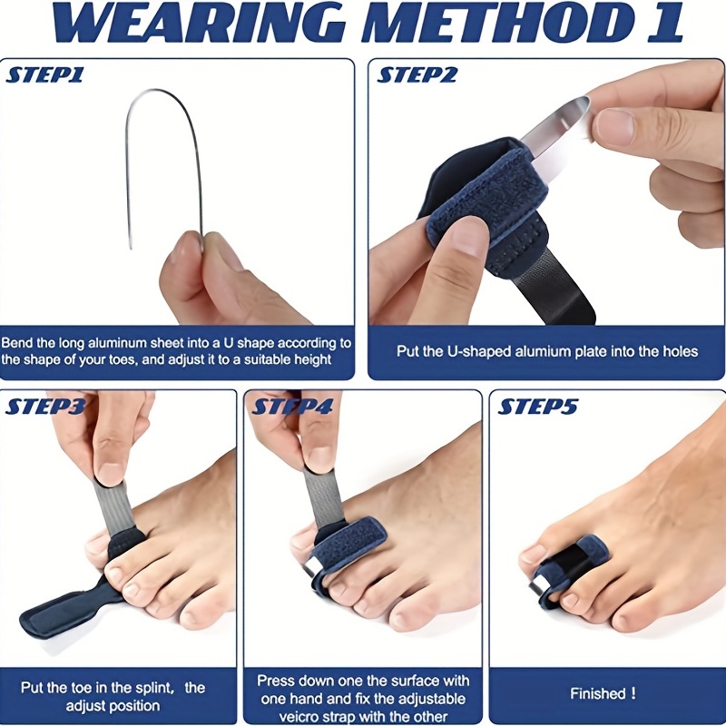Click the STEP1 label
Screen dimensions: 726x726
pyautogui.click(x=44, y=75)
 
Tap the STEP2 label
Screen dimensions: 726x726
pyautogui.click(x=417, y=75)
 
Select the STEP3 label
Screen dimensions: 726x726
pyautogui.click(x=45, y=407)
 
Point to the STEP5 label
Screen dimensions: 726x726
pyautogui.click(x=538, y=407)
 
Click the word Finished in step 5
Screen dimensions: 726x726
pyautogui.click(x=597, y=693)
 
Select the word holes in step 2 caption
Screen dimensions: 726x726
pyautogui.click(x=680, y=351)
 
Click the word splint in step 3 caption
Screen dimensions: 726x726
pyautogui.click(x=154, y=688)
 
